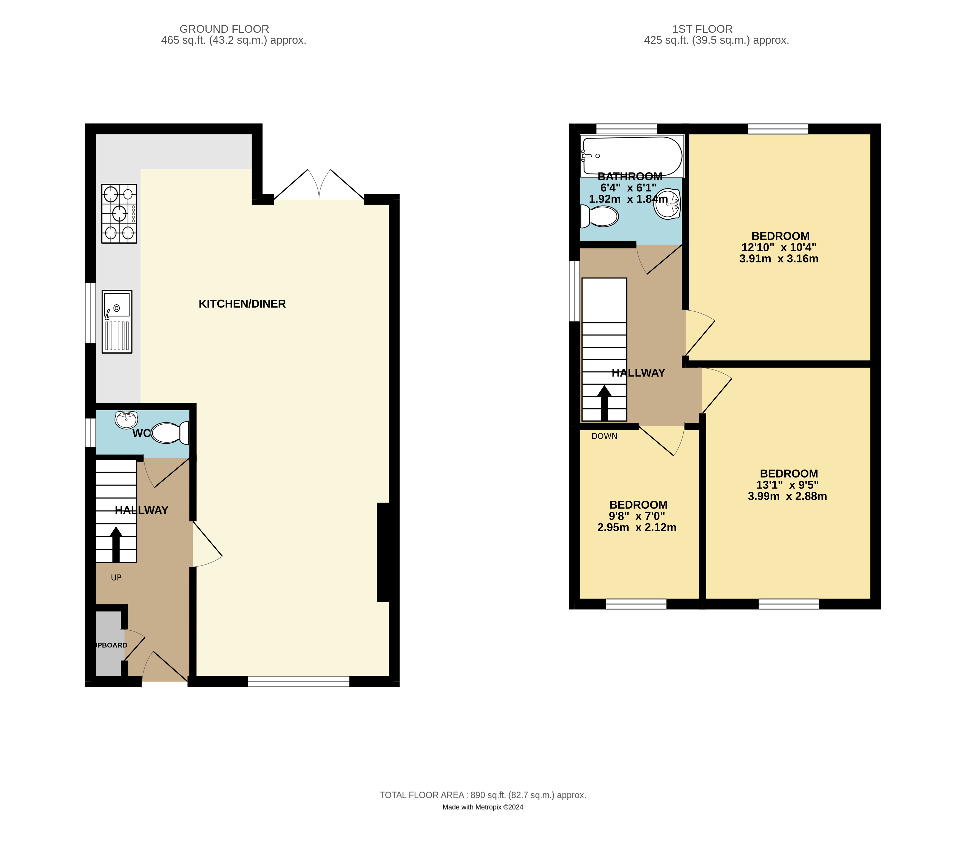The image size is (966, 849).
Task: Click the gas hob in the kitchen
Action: [119, 213]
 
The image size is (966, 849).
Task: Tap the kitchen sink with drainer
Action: [117, 321]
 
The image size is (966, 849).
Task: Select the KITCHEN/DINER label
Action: [242, 304]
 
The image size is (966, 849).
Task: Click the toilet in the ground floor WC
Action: [169, 433]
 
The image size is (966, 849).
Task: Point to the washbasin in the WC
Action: [126, 419]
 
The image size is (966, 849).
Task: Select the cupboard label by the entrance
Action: [110, 645]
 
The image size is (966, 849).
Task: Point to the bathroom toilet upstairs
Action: [600, 216]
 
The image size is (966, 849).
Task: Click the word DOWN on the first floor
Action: [604, 436]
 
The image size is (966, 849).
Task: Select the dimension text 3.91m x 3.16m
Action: [779, 258]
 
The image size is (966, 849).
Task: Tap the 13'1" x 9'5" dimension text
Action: [787, 485]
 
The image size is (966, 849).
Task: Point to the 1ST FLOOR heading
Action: [702, 29]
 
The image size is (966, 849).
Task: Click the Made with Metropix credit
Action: [483, 807]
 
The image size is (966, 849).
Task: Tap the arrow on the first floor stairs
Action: [604, 403]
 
